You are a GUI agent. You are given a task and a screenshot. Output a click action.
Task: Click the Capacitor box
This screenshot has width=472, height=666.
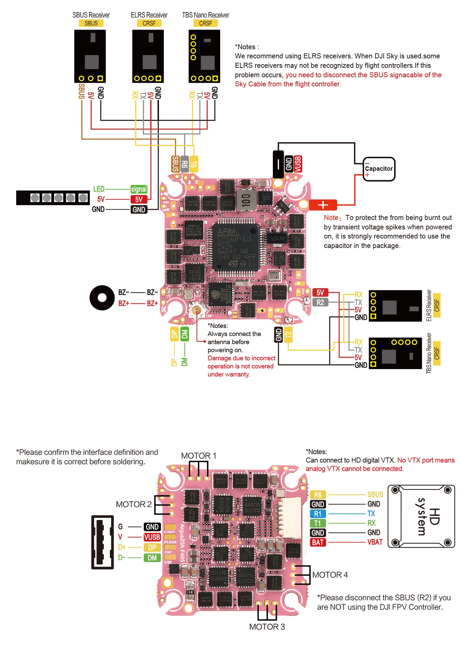click(x=379, y=169)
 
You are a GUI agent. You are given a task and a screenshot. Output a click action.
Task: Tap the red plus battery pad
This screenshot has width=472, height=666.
click(x=323, y=205)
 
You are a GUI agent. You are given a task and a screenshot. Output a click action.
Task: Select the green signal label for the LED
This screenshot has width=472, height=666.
click(x=139, y=189)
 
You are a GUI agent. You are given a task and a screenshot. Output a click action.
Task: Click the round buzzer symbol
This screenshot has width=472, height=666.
click(x=102, y=298)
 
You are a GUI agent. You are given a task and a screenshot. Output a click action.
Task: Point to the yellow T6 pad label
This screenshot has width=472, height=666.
click(x=194, y=164)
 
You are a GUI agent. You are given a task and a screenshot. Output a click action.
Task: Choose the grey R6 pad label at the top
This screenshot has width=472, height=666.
click(x=184, y=164)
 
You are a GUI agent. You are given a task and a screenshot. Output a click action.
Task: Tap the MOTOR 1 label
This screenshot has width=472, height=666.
click(x=199, y=456)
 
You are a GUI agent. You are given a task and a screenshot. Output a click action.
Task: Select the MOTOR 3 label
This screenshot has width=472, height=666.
click(x=267, y=627)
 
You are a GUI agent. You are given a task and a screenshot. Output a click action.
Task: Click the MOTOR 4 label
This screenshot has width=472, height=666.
click(x=330, y=575)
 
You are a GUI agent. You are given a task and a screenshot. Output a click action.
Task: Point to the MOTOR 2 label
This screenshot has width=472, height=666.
click(x=134, y=504)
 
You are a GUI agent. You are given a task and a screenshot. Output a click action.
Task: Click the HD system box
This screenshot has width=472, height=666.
click(x=421, y=516)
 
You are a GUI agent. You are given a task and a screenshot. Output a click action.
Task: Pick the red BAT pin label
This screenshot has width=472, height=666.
click(x=318, y=543)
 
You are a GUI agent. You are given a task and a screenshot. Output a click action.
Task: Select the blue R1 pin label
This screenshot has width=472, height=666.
click(x=318, y=514)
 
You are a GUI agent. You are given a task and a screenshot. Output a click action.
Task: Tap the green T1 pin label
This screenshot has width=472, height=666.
click(x=318, y=523)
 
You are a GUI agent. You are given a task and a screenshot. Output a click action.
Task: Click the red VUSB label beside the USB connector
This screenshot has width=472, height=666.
click(x=152, y=537)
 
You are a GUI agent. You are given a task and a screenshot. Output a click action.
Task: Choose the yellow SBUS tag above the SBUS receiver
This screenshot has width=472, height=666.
click(x=91, y=23)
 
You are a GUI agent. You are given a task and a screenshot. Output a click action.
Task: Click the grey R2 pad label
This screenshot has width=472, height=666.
click(x=320, y=302)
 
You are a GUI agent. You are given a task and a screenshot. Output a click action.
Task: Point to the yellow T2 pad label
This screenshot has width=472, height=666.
click(x=288, y=335)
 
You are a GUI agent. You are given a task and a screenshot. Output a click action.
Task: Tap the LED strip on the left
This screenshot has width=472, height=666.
click(x=53, y=198)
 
